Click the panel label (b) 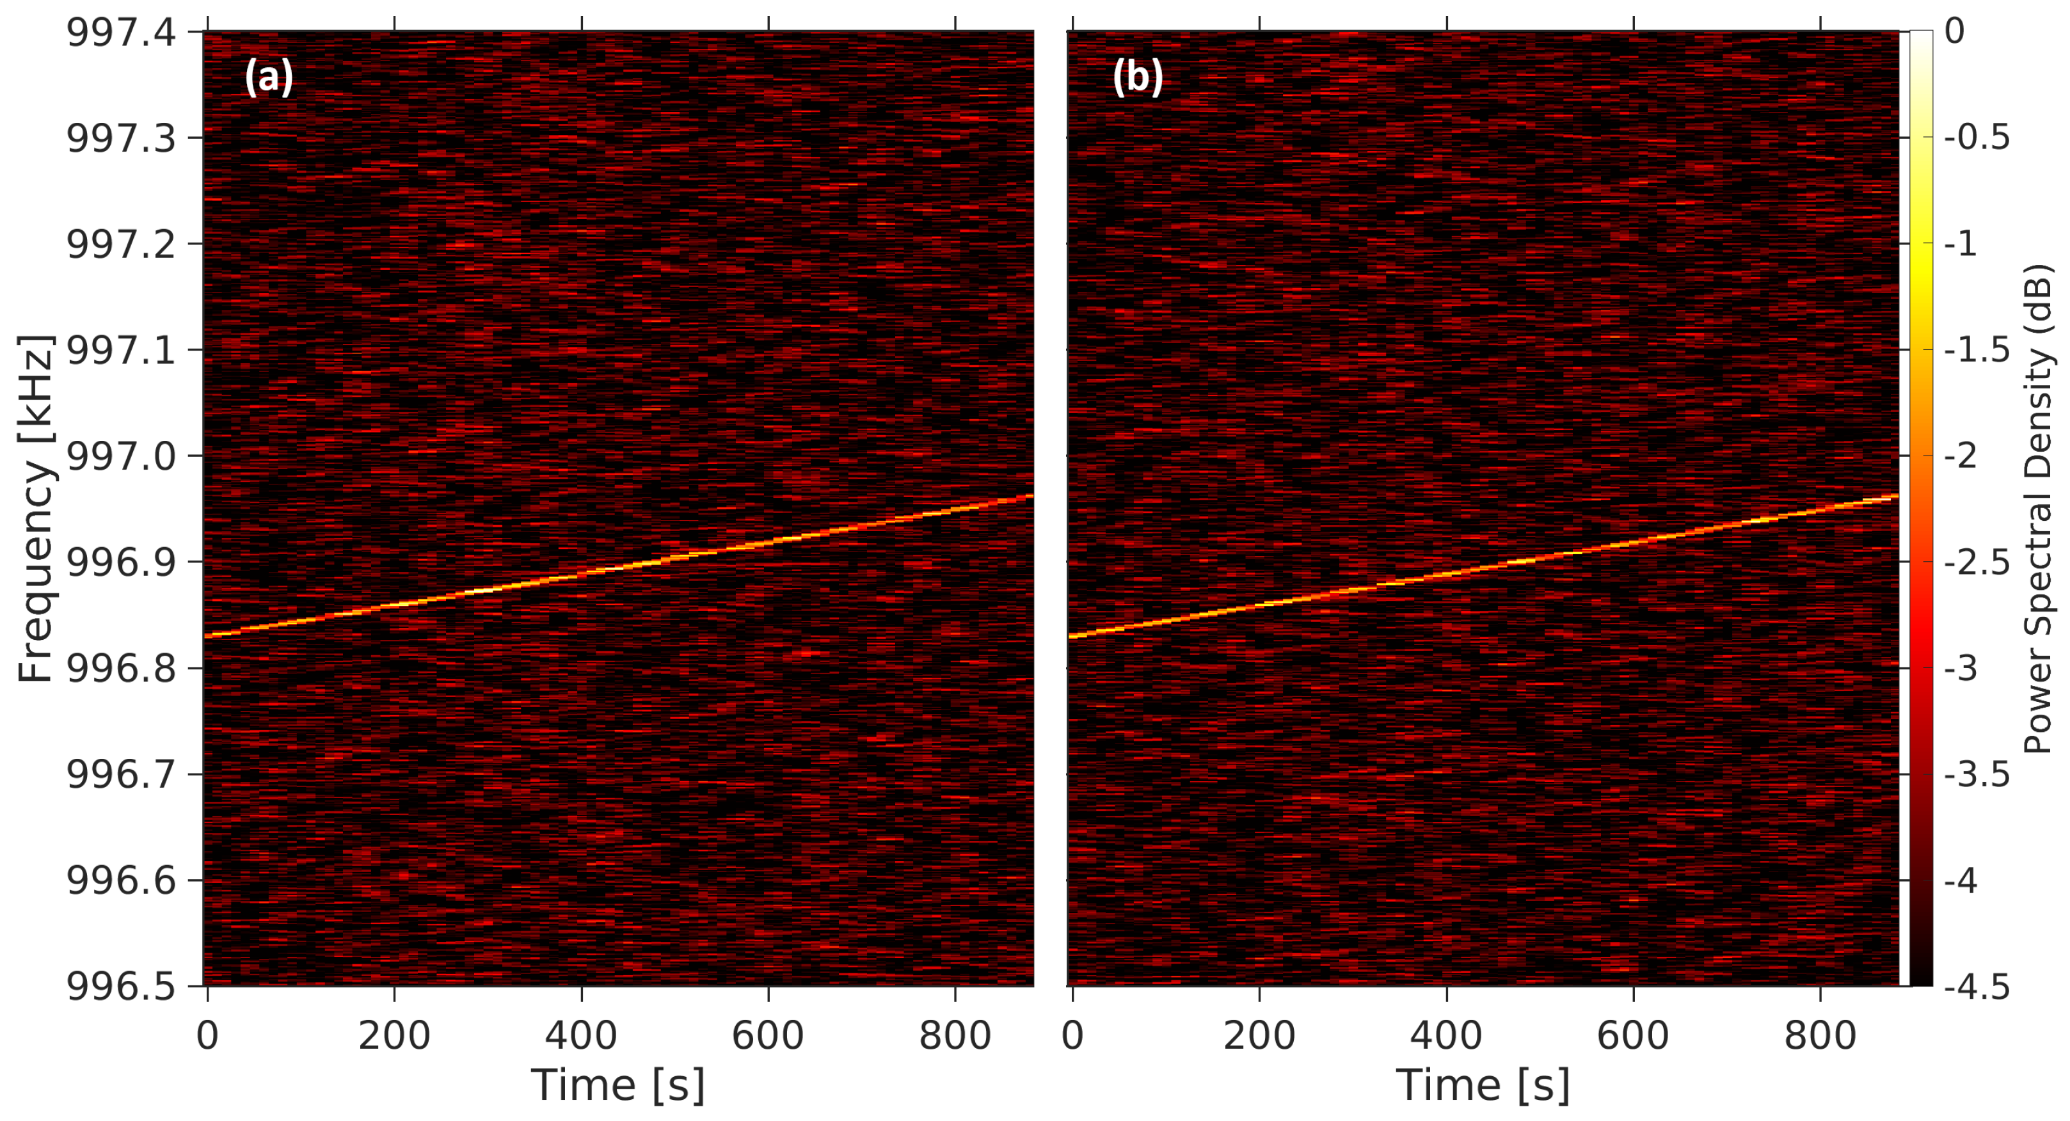tap(1137, 78)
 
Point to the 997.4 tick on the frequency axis tap(120, 33)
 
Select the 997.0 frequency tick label tap(120, 456)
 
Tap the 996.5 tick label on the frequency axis tap(120, 987)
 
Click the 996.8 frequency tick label tap(120, 669)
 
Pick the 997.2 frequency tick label tap(120, 244)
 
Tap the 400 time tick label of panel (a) tap(581, 1035)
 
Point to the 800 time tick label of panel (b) tap(1820, 1035)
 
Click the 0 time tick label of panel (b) tap(1073, 1035)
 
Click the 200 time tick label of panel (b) tap(1259, 1035)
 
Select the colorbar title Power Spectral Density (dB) tap(2037, 508)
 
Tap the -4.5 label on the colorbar tap(1976, 987)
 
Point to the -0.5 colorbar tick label tap(1976, 138)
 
